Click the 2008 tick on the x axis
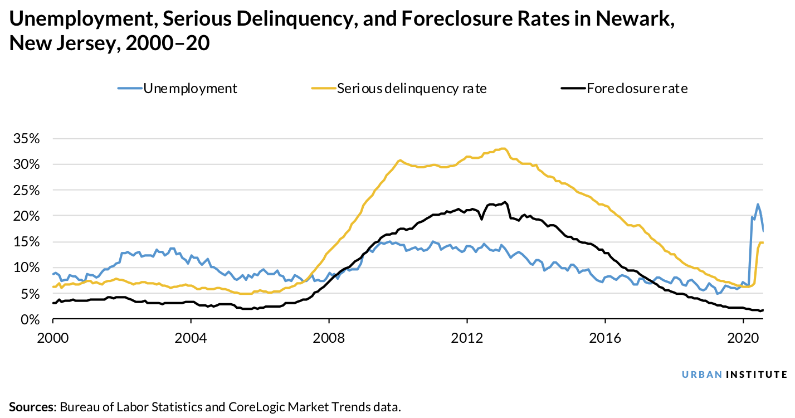(329, 338)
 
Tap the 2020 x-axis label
(743, 338)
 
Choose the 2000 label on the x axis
(53, 338)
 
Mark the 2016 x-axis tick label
(604, 338)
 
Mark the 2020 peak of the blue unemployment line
(758, 205)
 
